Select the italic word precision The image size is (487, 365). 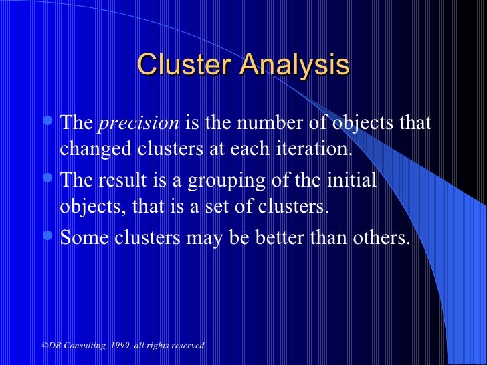pos(139,124)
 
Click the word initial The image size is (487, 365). pos(355,181)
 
